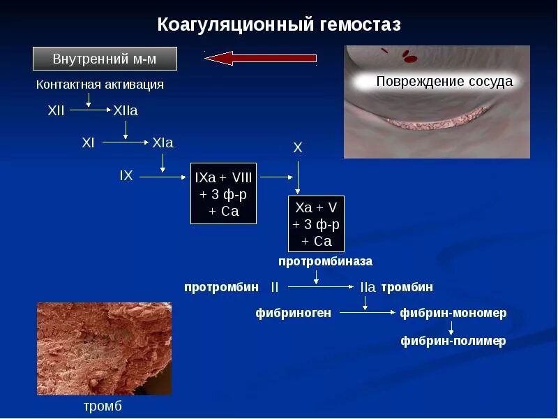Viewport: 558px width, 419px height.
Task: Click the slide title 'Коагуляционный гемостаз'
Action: coord(279,25)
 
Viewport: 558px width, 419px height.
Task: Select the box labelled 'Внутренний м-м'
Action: coord(105,59)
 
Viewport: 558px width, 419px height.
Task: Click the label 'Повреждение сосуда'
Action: coord(444,82)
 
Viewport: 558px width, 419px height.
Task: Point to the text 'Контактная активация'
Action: coord(100,84)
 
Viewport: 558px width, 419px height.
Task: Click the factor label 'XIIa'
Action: coord(126,111)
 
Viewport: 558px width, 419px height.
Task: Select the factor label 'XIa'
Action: coord(163,142)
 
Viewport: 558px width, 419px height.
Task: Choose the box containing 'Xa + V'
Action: coord(317,223)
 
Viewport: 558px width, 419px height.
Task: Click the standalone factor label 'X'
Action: coord(298,148)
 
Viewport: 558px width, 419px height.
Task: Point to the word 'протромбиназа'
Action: coord(325,261)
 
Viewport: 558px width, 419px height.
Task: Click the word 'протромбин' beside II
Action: coord(221,287)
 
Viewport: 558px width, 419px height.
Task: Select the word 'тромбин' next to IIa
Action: coord(407,287)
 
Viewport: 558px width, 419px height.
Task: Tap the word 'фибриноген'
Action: coord(293,314)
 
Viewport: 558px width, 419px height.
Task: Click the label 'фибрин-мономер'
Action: coord(453,314)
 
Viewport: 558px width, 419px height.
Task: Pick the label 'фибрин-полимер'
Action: coord(453,341)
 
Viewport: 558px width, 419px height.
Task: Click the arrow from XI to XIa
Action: coord(123,142)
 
